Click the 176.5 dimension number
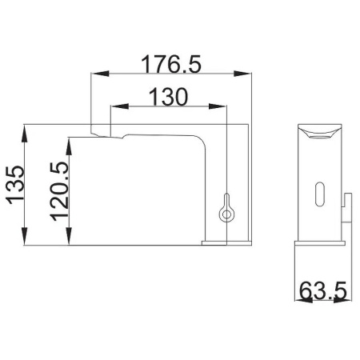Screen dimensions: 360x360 pyautogui.click(x=170, y=64)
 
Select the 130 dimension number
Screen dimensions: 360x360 pyautogui.click(x=169, y=97)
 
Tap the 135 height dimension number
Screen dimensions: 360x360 pyautogui.click(x=15, y=185)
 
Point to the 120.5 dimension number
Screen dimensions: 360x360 pyautogui.click(x=59, y=191)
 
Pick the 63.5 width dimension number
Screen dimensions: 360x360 pyautogui.click(x=323, y=290)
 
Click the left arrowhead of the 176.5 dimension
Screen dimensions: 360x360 pyautogui.click(x=100, y=74)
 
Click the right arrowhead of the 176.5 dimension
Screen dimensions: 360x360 pyautogui.click(x=242, y=74)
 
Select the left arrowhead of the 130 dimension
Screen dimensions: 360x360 pyautogui.click(x=120, y=106)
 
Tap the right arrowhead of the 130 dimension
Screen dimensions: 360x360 pyautogui.click(x=218, y=106)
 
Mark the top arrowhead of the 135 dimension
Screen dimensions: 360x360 pyautogui.click(x=25, y=134)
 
